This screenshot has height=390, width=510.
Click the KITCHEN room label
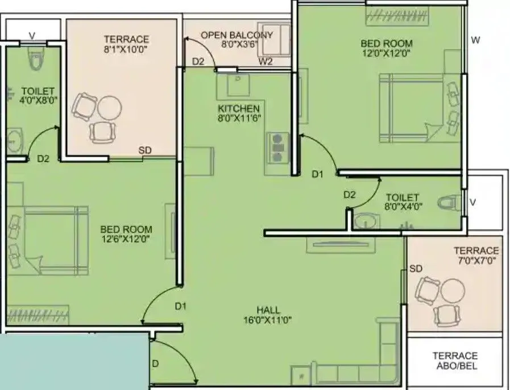[239, 108]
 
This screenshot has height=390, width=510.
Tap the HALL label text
[268, 310]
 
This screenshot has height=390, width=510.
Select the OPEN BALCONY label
[237, 35]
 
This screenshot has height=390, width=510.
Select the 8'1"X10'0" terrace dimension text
[126, 50]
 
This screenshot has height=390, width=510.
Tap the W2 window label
[266, 61]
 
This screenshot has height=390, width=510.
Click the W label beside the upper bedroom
[476, 40]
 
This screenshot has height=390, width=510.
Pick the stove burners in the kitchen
[277, 147]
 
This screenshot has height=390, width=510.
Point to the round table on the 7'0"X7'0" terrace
[452, 290]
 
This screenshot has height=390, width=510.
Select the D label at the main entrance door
[155, 363]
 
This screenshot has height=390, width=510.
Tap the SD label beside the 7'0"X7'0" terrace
[416, 268]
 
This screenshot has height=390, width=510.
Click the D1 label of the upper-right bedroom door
[317, 175]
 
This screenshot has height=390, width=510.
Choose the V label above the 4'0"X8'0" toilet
[32, 36]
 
